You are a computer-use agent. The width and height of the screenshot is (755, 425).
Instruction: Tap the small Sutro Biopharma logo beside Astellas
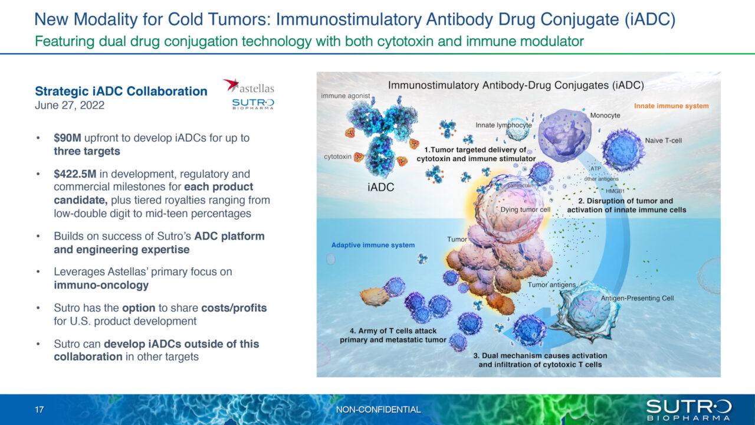click(253, 104)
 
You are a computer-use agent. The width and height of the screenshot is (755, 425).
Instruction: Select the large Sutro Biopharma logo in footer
click(688, 409)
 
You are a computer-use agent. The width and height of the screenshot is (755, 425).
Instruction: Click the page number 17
click(39, 410)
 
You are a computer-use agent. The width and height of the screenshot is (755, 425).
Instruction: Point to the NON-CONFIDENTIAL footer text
click(378, 410)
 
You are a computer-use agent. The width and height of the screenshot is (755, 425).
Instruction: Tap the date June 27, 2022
click(70, 106)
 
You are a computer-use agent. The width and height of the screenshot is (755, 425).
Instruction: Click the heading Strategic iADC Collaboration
click(121, 91)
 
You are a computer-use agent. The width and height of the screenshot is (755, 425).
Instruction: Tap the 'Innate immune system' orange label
click(671, 106)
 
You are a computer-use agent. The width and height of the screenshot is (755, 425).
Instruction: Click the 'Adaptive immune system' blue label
click(373, 245)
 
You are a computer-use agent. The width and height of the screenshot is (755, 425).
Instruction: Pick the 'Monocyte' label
click(605, 116)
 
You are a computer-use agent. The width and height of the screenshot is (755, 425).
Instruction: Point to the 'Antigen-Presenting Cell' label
click(637, 299)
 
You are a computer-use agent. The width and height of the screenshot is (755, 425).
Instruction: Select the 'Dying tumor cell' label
click(525, 210)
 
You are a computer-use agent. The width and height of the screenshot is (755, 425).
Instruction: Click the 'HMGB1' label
click(617, 191)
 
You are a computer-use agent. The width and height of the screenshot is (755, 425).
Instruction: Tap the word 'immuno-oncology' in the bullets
click(101, 286)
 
